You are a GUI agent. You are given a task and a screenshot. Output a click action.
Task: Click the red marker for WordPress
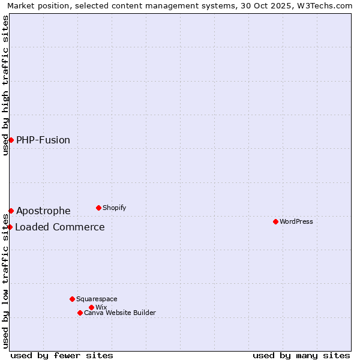[275, 221]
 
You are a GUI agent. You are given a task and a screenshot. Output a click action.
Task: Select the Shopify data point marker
[98, 208]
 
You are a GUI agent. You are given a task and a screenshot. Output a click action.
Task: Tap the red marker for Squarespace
[72, 299]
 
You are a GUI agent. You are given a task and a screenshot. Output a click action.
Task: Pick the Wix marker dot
[91, 307]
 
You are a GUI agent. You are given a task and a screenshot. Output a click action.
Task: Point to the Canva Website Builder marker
[80, 313]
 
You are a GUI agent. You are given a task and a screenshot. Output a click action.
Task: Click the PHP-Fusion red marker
[11, 140]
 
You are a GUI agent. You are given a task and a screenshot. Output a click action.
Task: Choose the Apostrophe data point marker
[11, 211]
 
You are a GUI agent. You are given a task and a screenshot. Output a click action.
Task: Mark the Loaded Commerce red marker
[10, 227]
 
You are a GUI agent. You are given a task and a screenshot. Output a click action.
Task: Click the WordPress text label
[296, 221]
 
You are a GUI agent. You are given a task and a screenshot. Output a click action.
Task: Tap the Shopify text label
[114, 208]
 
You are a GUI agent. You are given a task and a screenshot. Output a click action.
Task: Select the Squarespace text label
[97, 299]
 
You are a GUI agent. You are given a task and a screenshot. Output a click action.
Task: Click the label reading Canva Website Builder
[120, 313]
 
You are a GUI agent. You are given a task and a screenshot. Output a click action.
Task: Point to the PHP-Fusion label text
[43, 140]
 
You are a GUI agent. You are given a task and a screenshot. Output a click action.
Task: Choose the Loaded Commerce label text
[60, 227]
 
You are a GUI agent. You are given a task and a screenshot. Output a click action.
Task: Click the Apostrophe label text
[43, 211]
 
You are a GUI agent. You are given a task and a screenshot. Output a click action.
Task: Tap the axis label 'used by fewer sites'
[62, 355]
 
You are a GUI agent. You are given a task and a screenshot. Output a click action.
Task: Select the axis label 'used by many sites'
[301, 355]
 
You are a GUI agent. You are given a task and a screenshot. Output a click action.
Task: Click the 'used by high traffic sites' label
[5, 85]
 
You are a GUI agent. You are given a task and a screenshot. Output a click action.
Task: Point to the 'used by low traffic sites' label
[5, 282]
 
